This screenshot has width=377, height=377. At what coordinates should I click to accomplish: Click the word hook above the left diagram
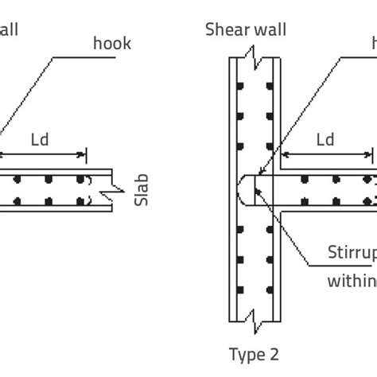(x=111, y=44)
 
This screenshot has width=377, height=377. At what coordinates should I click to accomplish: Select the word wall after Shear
(x=270, y=30)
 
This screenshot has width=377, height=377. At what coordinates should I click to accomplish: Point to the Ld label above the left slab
(x=40, y=140)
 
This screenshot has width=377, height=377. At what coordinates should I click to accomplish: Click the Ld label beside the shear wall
(x=325, y=140)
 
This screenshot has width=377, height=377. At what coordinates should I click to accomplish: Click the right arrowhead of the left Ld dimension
(x=83, y=154)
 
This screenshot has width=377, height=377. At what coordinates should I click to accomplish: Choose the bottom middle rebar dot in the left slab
(x=49, y=202)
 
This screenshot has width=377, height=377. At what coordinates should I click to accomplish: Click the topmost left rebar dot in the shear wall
(x=239, y=85)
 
